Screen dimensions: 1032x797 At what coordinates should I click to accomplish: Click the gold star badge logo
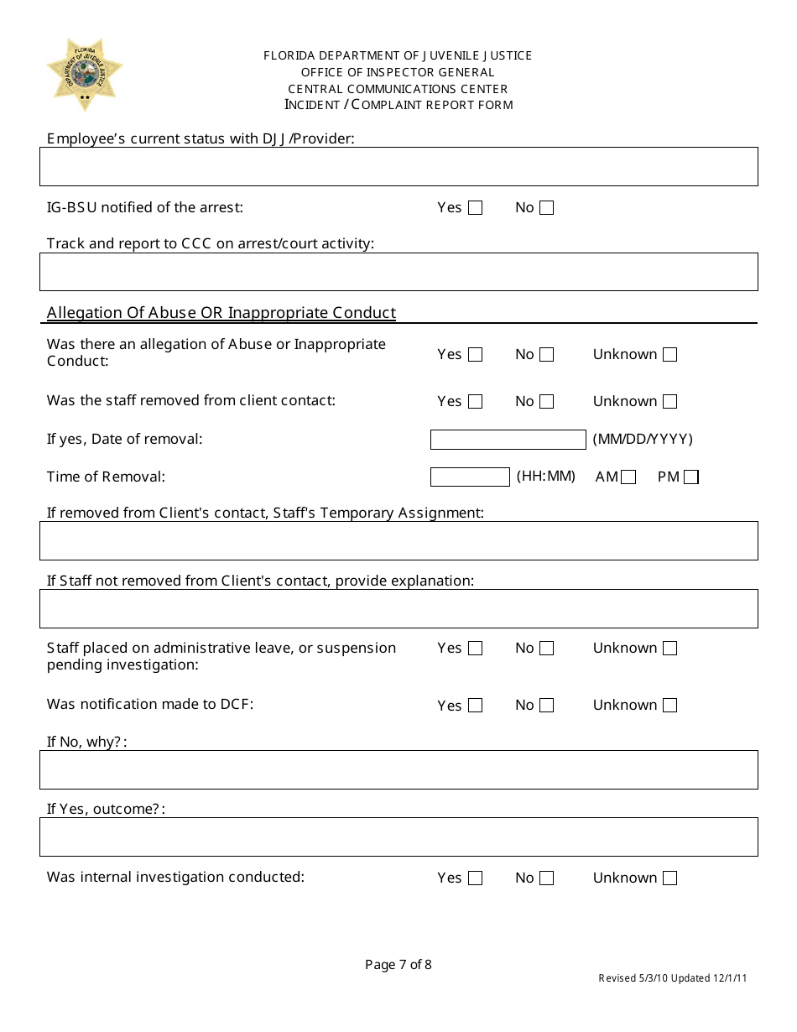pos(85,74)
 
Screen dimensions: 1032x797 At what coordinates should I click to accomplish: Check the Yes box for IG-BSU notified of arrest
pos(475,208)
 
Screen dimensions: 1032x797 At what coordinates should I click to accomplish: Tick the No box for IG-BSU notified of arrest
pos(546,208)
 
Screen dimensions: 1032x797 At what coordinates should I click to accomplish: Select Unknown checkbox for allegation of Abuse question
pos(669,355)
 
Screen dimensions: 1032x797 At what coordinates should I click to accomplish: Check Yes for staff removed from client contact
pos(475,402)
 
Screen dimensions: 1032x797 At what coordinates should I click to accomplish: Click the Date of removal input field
pos(508,440)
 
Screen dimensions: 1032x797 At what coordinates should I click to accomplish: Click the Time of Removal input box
pos(470,477)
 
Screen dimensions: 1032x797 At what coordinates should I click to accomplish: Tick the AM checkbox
pos(628,477)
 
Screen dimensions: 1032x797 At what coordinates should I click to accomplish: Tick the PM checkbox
pos(690,477)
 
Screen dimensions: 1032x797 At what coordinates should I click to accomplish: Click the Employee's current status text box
pos(398,166)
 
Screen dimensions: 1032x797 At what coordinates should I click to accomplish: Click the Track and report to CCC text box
pos(398,272)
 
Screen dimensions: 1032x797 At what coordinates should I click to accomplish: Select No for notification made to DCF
pos(546,706)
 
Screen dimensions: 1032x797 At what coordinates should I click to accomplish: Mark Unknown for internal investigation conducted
pos(669,878)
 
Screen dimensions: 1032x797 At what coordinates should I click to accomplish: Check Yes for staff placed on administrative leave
pos(475,649)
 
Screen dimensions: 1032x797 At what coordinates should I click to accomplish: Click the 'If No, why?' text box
pos(398,769)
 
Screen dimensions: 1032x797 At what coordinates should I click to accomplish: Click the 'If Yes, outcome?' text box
pos(398,837)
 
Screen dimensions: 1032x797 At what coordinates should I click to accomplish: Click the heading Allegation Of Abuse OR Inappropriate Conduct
pos(221,313)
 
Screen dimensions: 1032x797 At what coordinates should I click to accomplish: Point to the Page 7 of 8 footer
pos(398,965)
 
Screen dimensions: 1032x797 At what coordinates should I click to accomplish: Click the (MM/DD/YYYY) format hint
pos(643,440)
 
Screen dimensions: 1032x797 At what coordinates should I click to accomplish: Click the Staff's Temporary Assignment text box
pos(398,540)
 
